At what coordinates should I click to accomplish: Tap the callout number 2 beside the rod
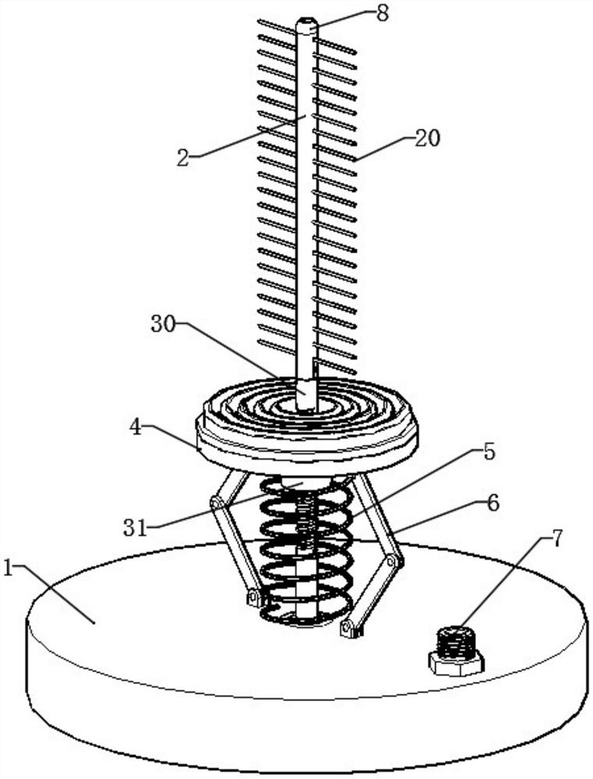tap(183, 157)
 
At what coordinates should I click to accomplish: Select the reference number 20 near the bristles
tap(428, 139)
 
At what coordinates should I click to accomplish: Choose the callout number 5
tap(489, 453)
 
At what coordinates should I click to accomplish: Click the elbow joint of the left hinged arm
tap(214, 506)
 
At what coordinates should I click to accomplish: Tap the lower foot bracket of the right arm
tap(352, 628)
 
